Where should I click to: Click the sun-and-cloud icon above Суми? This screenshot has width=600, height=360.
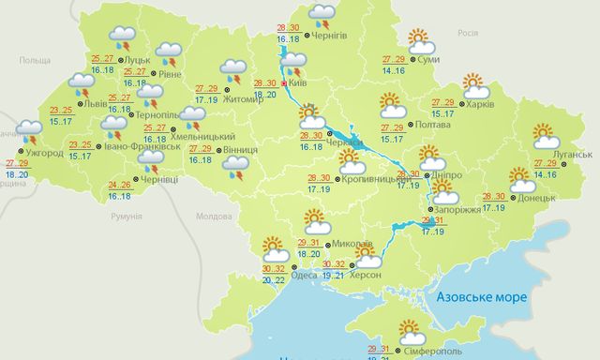[x=421, y=42]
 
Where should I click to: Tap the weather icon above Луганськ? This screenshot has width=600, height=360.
[x=545, y=137]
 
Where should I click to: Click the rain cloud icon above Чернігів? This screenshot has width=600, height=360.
[x=323, y=14]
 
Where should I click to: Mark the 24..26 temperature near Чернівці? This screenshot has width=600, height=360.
[x=119, y=185]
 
